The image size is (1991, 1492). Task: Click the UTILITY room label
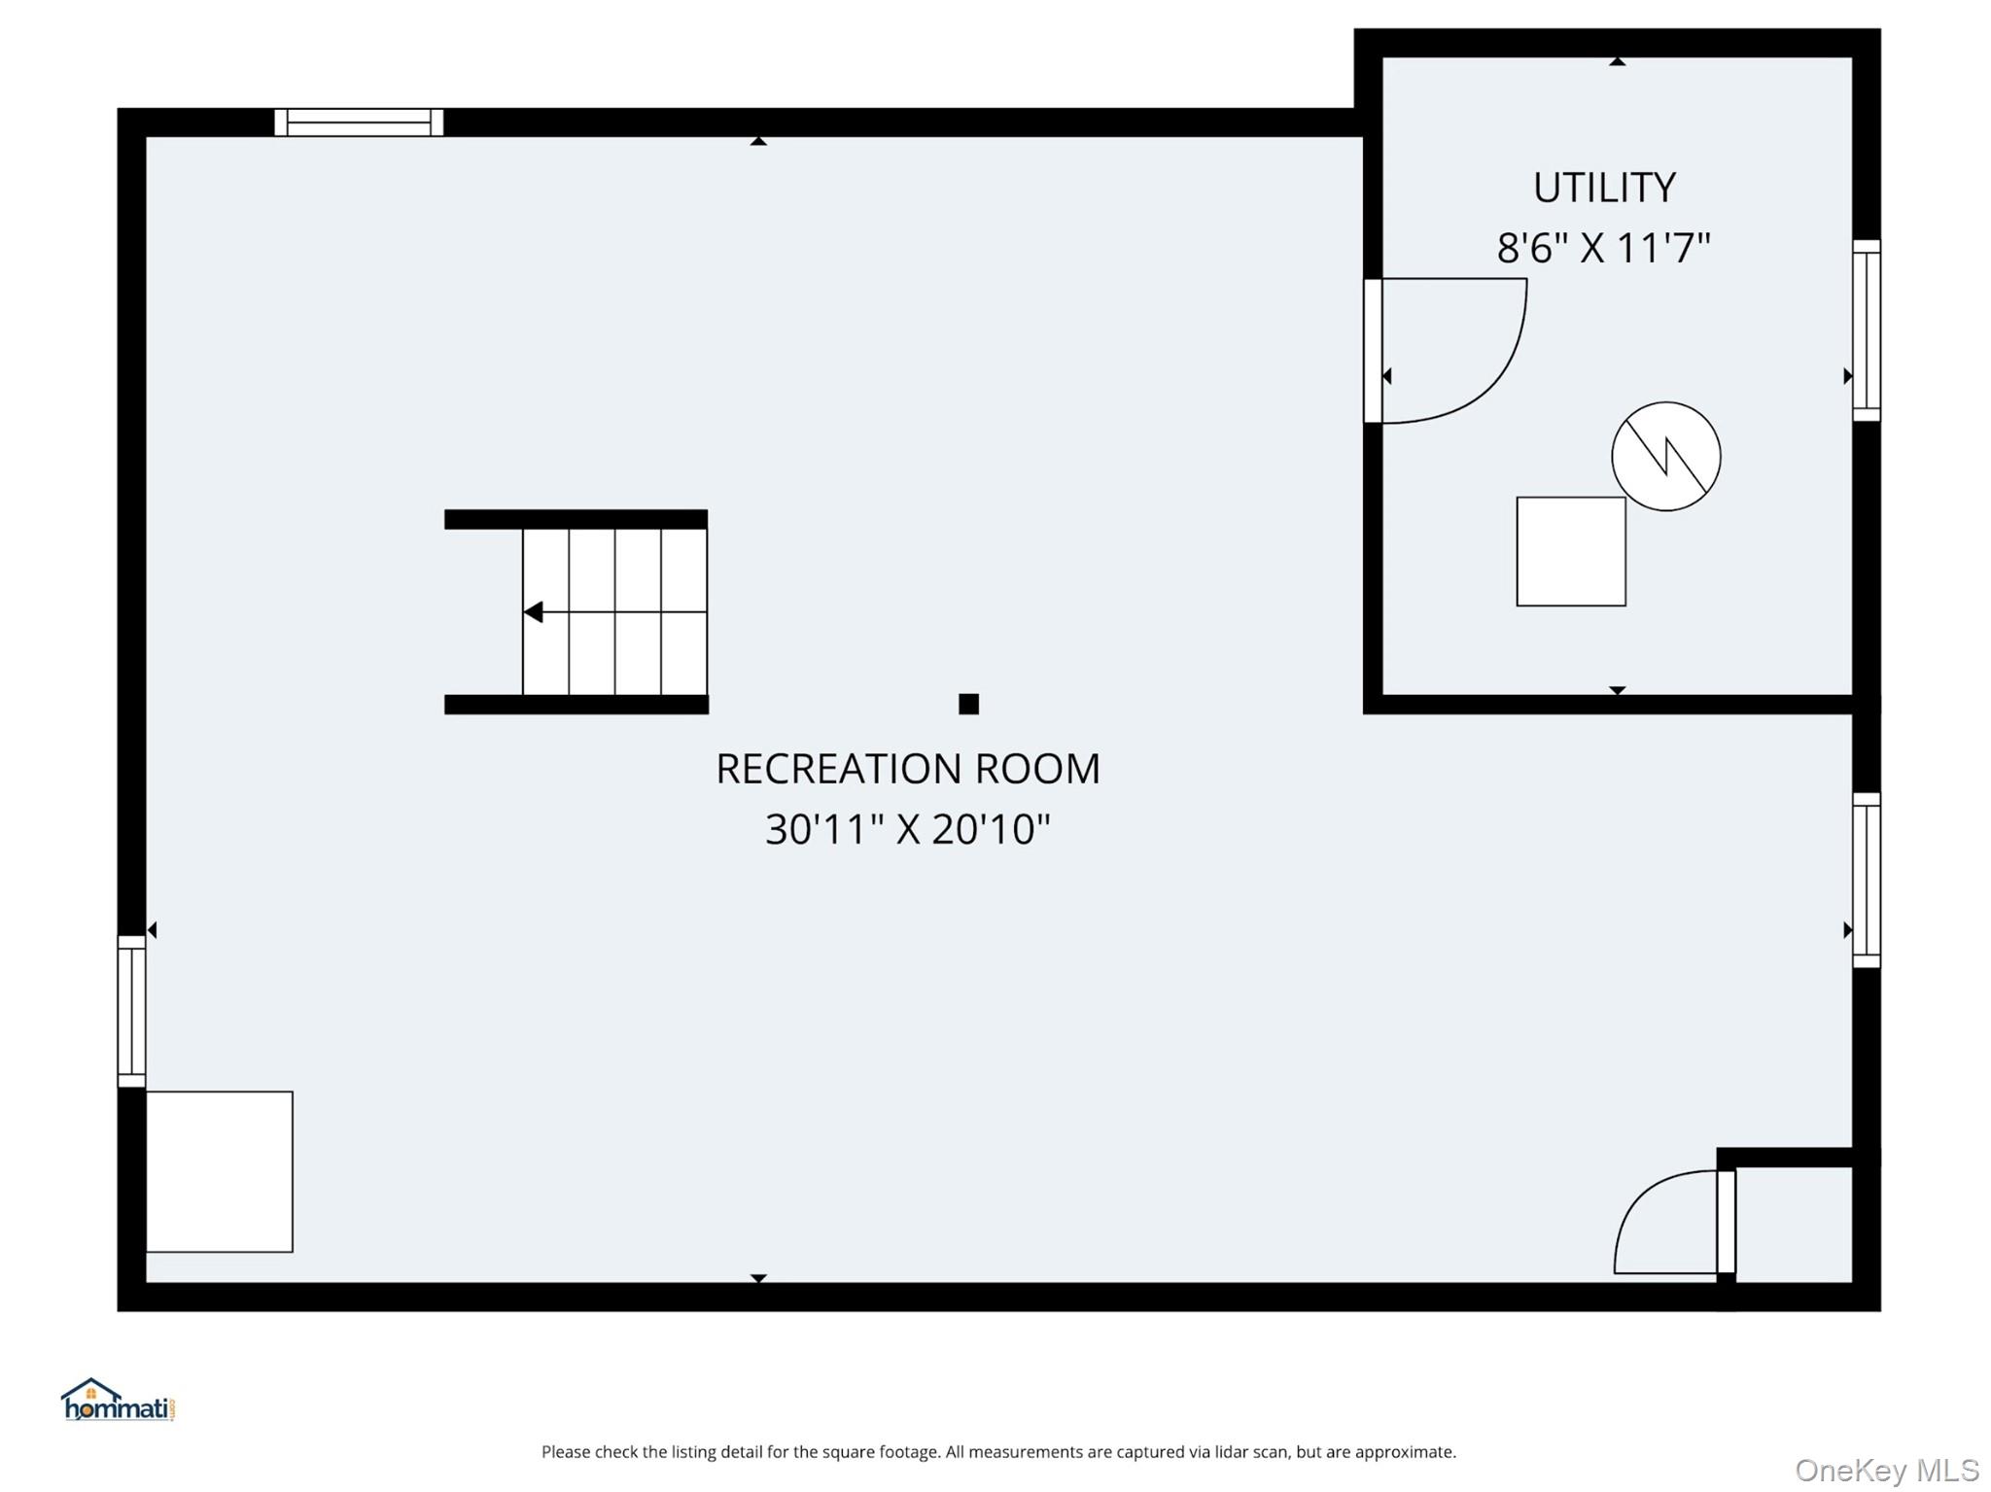tap(1604, 188)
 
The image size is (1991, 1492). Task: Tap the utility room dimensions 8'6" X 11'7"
tap(1603, 248)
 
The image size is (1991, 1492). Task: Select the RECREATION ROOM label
tap(907, 769)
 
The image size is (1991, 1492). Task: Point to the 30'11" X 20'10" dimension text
tap(907, 829)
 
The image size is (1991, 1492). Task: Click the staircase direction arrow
tap(534, 611)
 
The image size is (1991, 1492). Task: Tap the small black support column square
tap(968, 704)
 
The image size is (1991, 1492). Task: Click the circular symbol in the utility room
tap(1665, 456)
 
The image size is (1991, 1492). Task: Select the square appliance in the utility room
tap(1570, 551)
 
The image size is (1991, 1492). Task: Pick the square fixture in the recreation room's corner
tap(219, 1171)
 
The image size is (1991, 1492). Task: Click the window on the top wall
tap(359, 122)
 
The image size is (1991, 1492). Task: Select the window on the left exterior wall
tap(131, 1011)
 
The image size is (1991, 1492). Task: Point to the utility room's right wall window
tap(1866, 330)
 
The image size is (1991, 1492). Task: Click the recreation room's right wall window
tap(1866, 880)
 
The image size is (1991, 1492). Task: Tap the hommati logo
tap(118, 1401)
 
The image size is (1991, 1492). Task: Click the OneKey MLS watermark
tap(1886, 1471)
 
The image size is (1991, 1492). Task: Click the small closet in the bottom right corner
tap(1793, 1224)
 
